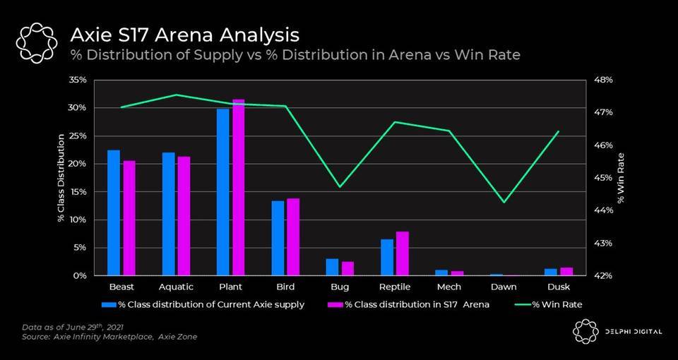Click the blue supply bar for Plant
coord(223,192)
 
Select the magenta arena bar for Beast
coord(129,218)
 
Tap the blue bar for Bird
coord(278,238)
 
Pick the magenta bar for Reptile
coord(402,253)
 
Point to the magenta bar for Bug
coord(347,268)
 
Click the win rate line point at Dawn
coord(504,203)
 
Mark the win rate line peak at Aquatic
coord(176,95)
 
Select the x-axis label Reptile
coord(394,287)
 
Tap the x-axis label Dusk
coord(559,287)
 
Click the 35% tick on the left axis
coord(78,80)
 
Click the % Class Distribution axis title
coord(61,176)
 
